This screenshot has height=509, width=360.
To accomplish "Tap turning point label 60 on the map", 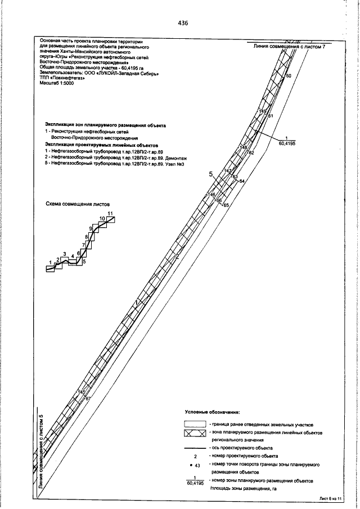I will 289,75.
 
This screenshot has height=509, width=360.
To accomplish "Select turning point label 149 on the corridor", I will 263,111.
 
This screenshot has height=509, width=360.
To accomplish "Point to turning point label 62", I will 251,152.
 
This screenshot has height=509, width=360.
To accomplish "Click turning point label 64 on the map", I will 242,182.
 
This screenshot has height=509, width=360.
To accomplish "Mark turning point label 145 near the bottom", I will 81,391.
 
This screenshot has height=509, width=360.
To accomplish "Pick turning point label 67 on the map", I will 88,399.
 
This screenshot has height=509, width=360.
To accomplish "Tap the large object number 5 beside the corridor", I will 211,175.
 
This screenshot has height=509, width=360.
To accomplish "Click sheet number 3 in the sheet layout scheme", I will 65,255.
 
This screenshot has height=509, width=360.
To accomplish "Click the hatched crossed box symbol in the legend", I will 195,434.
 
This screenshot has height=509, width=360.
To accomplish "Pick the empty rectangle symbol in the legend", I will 195,423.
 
